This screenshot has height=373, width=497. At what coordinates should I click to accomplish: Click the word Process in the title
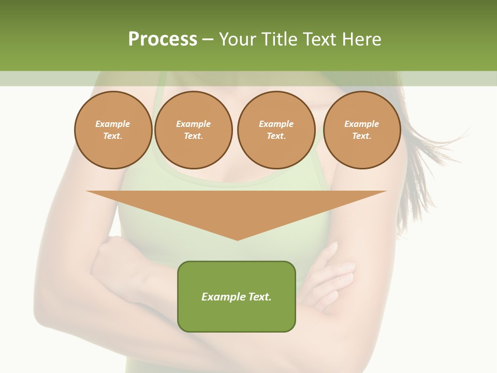tap(163, 39)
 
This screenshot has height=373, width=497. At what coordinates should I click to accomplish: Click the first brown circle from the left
tap(113, 130)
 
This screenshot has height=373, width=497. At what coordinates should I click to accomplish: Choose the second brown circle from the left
tap(193, 130)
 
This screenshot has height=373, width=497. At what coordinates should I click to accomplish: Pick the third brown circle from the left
tap(276, 130)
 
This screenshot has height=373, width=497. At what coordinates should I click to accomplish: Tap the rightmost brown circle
tap(362, 130)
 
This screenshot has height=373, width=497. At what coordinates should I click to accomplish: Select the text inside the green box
tap(237, 297)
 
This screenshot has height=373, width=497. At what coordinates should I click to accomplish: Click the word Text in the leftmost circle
tap(112, 136)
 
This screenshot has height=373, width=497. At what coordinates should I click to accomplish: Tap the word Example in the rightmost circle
tap(361, 124)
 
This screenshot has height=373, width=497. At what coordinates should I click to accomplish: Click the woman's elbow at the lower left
tap(47, 316)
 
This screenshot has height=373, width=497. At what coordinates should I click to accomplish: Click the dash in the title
tap(208, 39)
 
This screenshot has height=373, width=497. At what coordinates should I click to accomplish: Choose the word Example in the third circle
tap(276, 124)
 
